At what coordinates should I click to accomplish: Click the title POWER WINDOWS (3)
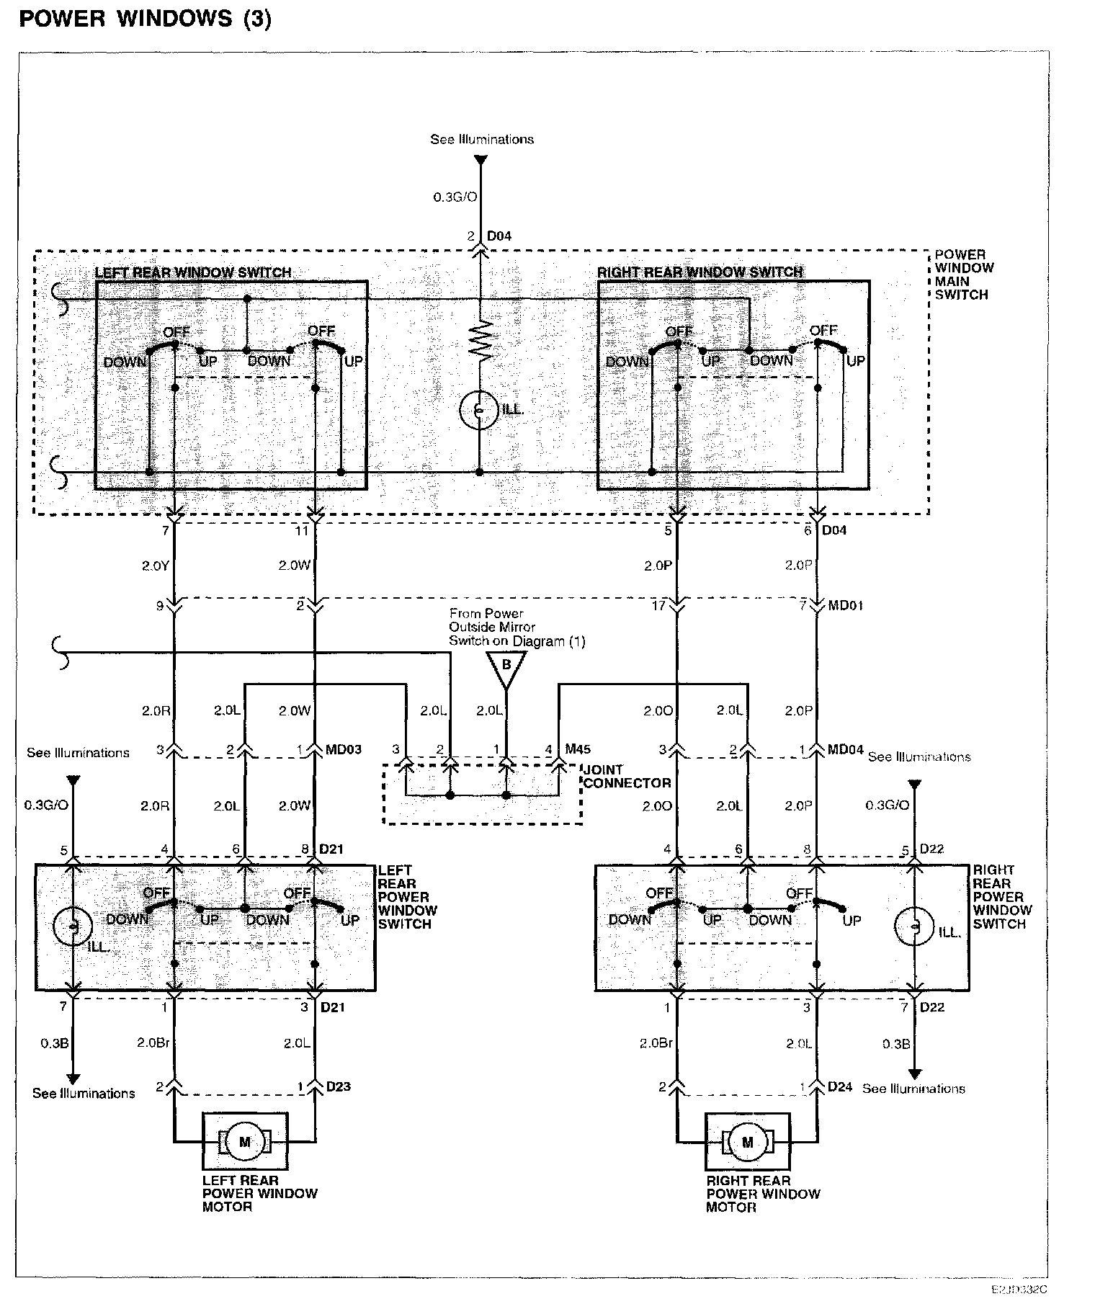pos(145,19)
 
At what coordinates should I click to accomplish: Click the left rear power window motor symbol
pos(245,1141)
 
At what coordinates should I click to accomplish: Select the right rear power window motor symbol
pos(747,1142)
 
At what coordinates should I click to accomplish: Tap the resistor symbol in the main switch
pos(481,341)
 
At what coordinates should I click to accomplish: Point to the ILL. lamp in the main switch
pos(479,410)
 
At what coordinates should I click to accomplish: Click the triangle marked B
pos(506,666)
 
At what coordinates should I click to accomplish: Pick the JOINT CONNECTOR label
pos(626,777)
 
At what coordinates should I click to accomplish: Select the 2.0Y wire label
pos(155,566)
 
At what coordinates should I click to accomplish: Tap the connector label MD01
pos(845,605)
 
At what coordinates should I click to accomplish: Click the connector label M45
pos(578,749)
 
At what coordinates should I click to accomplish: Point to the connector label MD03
pos(343,749)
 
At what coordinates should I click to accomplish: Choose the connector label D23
pos(338,1086)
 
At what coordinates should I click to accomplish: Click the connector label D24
pos(840,1086)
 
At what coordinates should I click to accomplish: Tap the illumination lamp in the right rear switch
pos(913,926)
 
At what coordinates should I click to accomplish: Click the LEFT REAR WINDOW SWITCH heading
pos(193,273)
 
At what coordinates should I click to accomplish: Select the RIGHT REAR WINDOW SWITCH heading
pos(700,272)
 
